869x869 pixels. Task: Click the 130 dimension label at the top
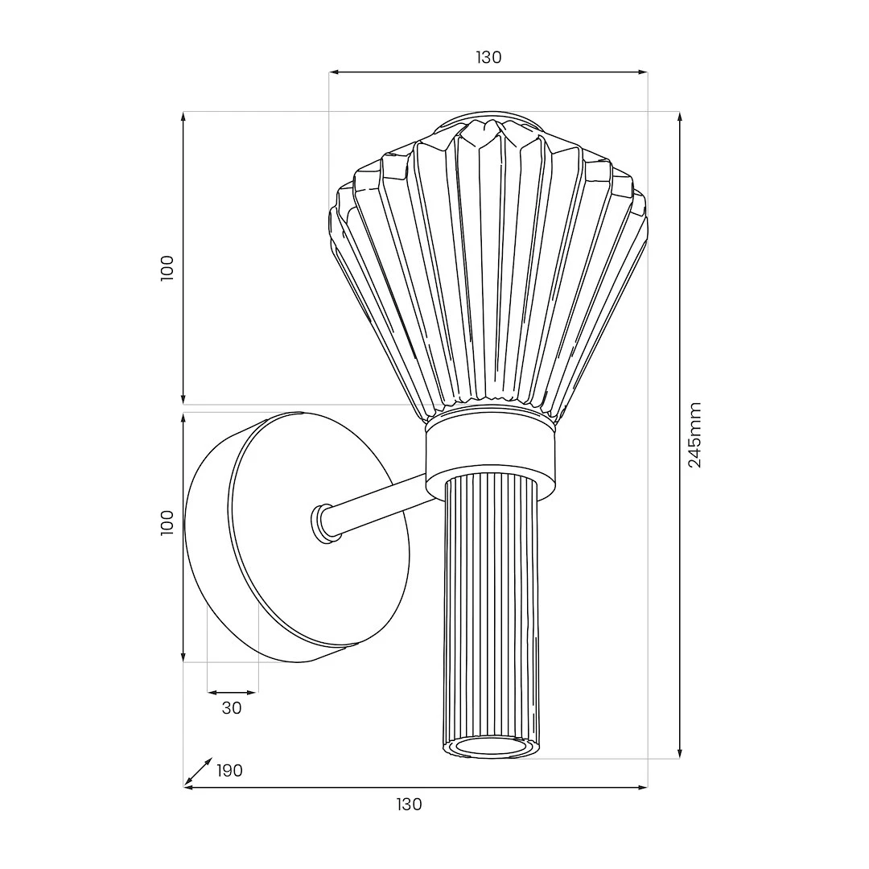(488, 57)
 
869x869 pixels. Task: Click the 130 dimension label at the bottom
(409, 804)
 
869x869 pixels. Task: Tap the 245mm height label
(694, 435)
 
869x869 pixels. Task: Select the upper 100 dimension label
(167, 268)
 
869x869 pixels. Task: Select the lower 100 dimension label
(167, 523)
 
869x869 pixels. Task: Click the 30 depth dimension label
(232, 708)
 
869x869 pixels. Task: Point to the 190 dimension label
(229, 771)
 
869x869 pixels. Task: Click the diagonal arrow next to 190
(198, 772)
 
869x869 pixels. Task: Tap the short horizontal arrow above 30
(232, 692)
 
